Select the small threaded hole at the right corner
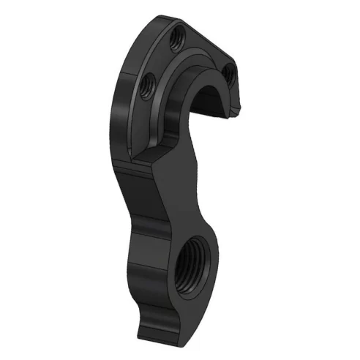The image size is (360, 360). click(x=228, y=70)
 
